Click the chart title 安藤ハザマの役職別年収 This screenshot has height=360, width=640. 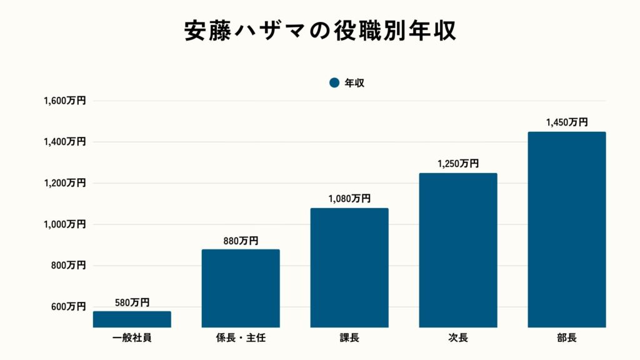click(320, 31)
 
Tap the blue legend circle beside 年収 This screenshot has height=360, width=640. click(334, 82)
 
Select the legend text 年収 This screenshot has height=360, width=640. click(354, 82)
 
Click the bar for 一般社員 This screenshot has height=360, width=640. click(132, 319)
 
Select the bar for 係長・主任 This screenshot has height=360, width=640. click(241, 288)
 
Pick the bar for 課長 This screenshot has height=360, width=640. click(349, 267)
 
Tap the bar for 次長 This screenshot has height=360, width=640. click(458, 250)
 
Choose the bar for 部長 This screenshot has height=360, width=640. click(566, 229)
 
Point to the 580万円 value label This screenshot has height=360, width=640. click(132, 302)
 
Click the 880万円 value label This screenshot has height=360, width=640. click(241, 241)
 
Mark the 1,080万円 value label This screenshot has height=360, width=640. click(349, 199)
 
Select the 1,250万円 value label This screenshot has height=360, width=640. click(458, 164)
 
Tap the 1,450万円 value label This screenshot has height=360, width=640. click(566, 122)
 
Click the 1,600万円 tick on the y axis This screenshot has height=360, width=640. click(64, 101)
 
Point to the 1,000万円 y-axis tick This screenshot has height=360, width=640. click(64, 224)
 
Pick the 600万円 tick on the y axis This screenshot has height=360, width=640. click(68, 307)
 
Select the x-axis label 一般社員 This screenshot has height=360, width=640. click(132, 338)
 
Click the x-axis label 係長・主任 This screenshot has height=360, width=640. click(241, 338)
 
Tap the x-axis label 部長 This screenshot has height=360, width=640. click(566, 338)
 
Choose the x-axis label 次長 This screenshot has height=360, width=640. click(458, 338)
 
